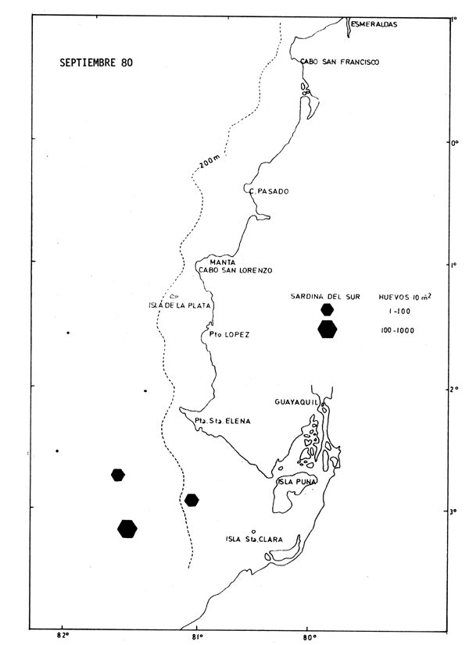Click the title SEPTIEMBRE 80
click(96, 63)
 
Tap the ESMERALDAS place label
click(374, 24)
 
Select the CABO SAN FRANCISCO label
click(340, 62)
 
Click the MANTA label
click(222, 262)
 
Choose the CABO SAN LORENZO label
click(234, 270)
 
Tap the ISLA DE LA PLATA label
click(180, 305)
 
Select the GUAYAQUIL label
click(295, 402)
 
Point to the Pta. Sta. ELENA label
click(226, 420)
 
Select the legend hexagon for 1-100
click(328, 310)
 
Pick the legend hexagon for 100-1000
click(328, 330)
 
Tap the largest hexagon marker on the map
click(127, 529)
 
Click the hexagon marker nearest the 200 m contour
click(192, 500)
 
